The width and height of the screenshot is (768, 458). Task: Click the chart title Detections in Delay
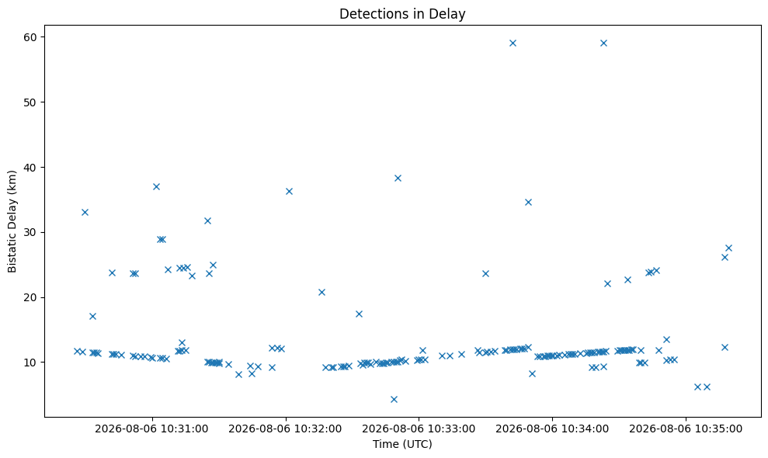point(402,14)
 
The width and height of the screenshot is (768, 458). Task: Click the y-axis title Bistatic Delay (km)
point(12,221)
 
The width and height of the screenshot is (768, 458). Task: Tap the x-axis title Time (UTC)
point(402,444)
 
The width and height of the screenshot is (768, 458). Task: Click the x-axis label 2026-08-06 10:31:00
point(152,429)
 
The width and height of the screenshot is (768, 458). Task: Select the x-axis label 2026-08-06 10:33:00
point(419,429)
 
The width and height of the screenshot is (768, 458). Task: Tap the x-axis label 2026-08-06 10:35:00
point(686,429)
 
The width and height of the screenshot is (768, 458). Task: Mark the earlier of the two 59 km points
point(513,43)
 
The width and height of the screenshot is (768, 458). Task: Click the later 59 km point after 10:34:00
point(603,43)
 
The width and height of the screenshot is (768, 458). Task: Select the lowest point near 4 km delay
point(394,399)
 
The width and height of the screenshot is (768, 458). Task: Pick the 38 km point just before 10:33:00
point(398,179)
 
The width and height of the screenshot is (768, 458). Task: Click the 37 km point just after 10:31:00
point(156,186)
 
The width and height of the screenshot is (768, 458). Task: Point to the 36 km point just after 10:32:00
point(289,191)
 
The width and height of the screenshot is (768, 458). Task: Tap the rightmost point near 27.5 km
point(728,248)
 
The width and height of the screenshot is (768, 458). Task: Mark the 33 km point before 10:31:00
point(85,212)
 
